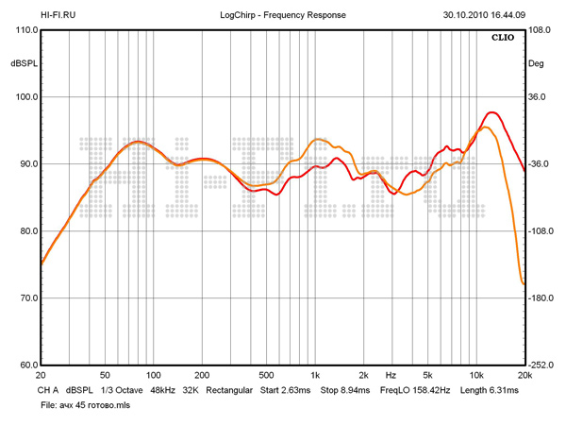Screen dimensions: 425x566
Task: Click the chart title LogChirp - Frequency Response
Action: (282, 16)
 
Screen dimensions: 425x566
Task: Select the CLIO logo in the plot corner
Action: (501, 40)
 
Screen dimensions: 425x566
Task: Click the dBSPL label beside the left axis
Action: (24, 63)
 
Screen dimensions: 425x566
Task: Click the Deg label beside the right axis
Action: (536, 63)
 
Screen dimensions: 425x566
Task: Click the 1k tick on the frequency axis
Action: (316, 375)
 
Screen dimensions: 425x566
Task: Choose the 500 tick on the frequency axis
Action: (267, 375)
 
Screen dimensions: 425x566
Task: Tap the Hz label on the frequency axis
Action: (391, 375)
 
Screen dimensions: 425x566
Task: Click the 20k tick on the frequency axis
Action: (524, 375)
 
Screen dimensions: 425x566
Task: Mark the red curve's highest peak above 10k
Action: (492, 112)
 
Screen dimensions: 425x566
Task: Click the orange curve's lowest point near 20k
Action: (523, 283)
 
